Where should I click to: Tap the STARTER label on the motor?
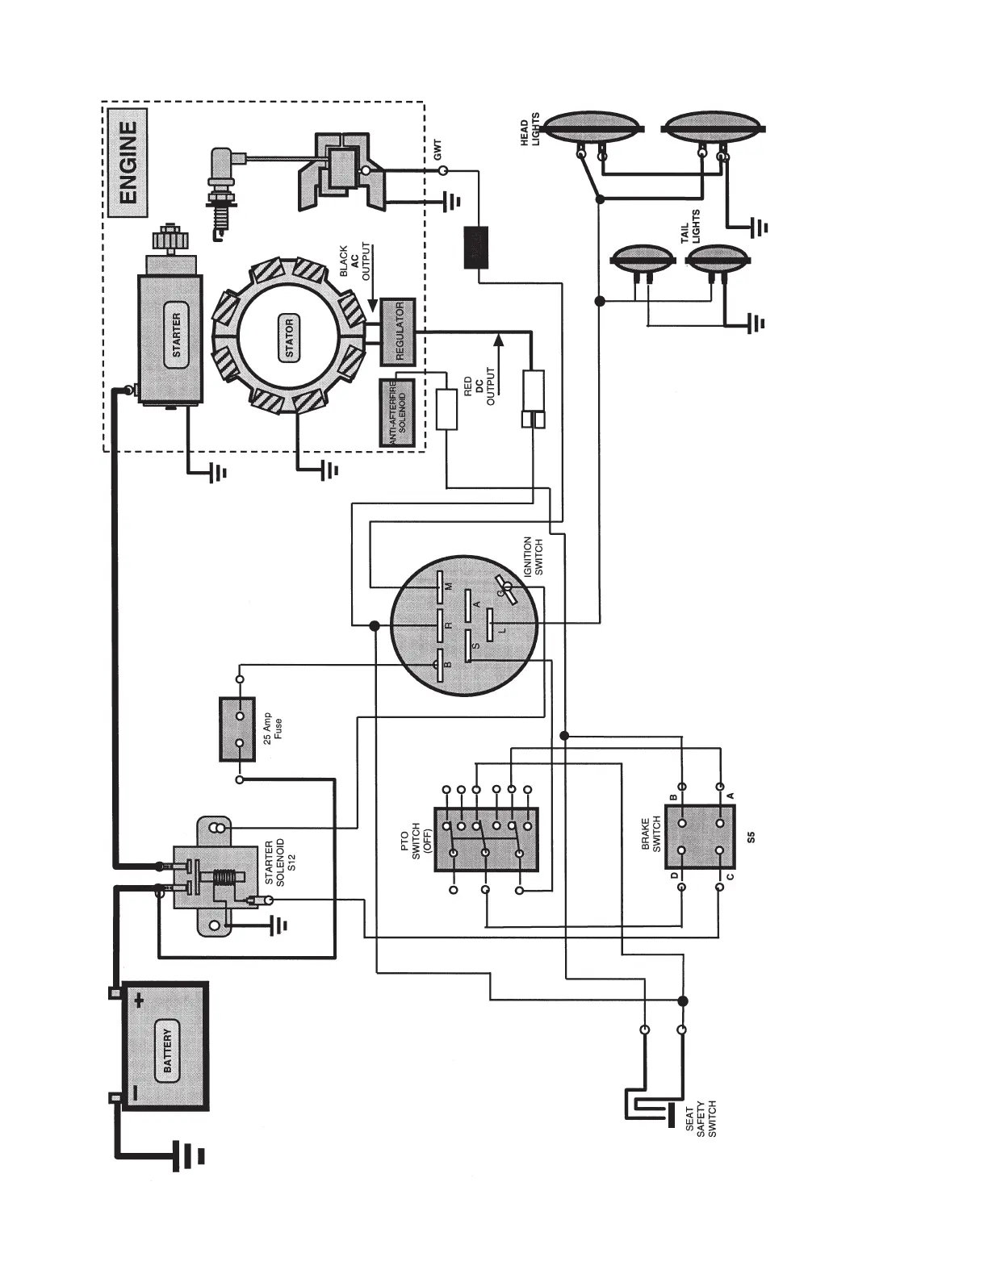pyautogui.click(x=177, y=335)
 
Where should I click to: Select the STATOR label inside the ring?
pyautogui.click(x=289, y=339)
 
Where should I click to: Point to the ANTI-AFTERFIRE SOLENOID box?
pyautogui.click(x=396, y=413)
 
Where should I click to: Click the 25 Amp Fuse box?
pyautogui.click(x=237, y=729)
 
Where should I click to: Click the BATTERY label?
pyautogui.click(x=168, y=1050)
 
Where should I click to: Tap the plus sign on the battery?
pyautogui.click(x=139, y=1002)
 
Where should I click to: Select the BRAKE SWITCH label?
pyautogui.click(x=651, y=833)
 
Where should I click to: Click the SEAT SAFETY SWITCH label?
pyautogui.click(x=701, y=1117)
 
